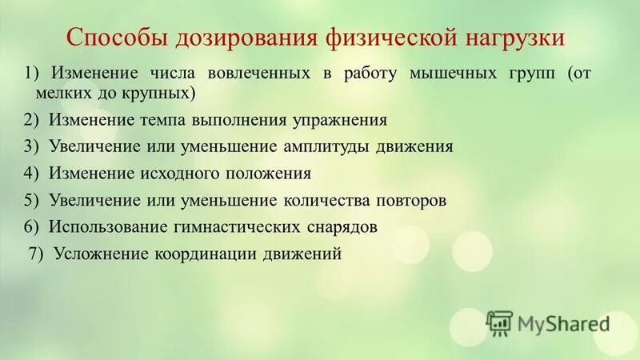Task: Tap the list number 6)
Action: tap(32, 226)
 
